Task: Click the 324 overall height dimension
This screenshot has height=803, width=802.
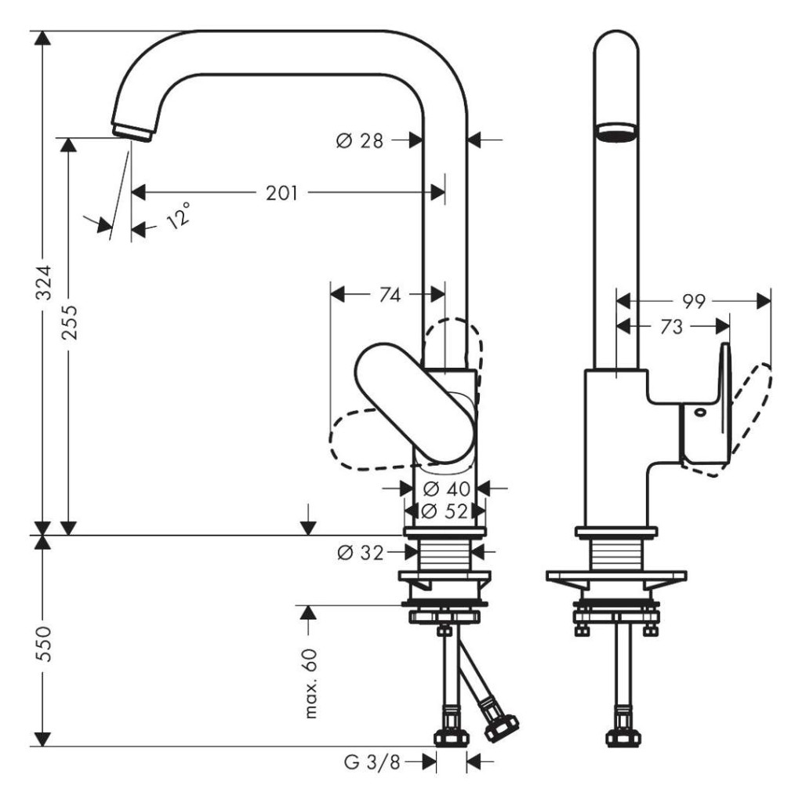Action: (x=44, y=282)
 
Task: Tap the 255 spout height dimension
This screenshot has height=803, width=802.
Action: (x=69, y=322)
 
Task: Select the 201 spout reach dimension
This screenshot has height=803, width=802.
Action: (x=281, y=193)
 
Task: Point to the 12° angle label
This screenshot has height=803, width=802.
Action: (x=179, y=215)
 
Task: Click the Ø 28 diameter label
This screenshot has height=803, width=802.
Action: (x=360, y=140)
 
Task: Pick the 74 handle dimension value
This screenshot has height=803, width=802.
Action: (x=390, y=295)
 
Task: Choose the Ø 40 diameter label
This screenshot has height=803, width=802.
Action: (x=447, y=489)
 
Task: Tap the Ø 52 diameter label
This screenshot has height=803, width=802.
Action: (x=444, y=511)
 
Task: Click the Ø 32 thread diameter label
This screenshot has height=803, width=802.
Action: (x=361, y=553)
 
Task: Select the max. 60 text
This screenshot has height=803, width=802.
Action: (x=310, y=683)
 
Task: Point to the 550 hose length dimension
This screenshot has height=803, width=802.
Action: (x=44, y=643)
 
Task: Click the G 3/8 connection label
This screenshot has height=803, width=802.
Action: (x=372, y=762)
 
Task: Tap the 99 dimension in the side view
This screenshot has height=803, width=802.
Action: (x=694, y=302)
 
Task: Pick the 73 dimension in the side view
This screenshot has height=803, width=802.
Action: (x=671, y=326)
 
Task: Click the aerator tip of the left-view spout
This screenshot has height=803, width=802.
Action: (x=132, y=132)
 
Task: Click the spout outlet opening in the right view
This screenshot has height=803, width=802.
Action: (x=617, y=131)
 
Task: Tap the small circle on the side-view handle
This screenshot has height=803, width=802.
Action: (x=699, y=411)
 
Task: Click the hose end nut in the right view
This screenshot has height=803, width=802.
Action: (x=623, y=738)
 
